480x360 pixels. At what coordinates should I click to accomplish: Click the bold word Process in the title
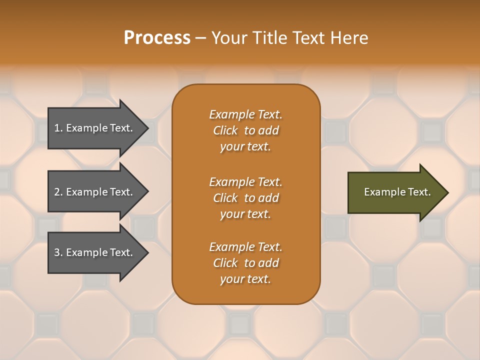click(x=157, y=38)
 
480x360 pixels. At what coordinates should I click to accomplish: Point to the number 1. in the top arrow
click(x=58, y=128)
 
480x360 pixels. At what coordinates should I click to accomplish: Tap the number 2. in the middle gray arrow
click(x=58, y=192)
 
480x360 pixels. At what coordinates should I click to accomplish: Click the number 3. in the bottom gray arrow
click(x=58, y=252)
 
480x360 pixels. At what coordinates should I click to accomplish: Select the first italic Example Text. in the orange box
click(x=245, y=114)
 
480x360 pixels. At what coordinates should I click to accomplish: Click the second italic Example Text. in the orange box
click(x=245, y=182)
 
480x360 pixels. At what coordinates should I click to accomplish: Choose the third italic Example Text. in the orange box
click(x=245, y=247)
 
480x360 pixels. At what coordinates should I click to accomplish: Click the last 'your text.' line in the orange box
click(x=245, y=279)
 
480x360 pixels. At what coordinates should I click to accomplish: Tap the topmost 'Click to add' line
click(x=245, y=130)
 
